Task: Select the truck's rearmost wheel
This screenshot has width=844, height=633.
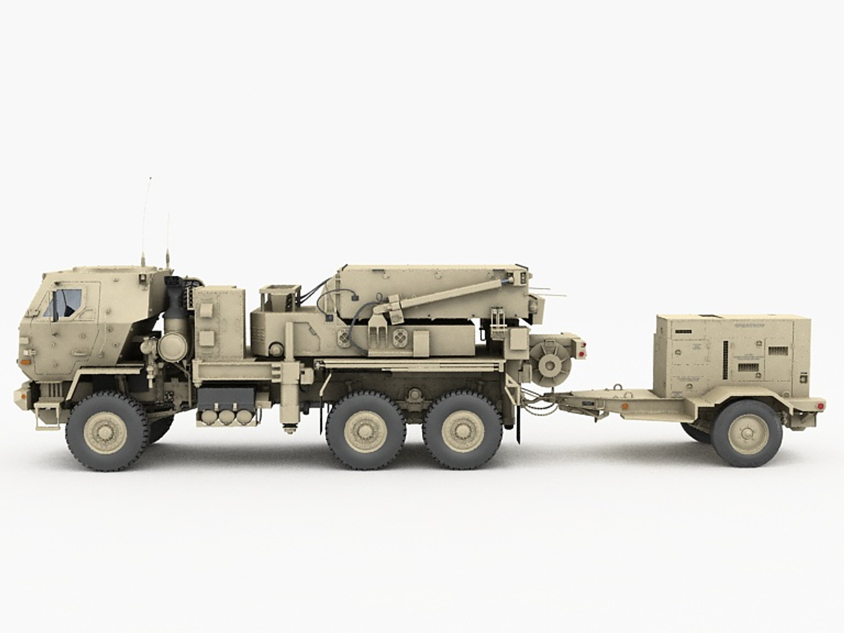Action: pyautogui.click(x=462, y=431)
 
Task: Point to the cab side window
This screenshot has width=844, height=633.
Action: pyautogui.click(x=66, y=303)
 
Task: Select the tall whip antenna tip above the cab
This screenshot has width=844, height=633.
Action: pyautogui.click(x=150, y=178)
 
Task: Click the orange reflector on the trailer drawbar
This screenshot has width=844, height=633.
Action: pyautogui.click(x=625, y=406)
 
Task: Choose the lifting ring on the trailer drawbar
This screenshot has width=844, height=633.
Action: pyautogui.click(x=617, y=386)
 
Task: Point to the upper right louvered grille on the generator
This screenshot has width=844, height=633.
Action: pyautogui.click(x=778, y=350)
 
